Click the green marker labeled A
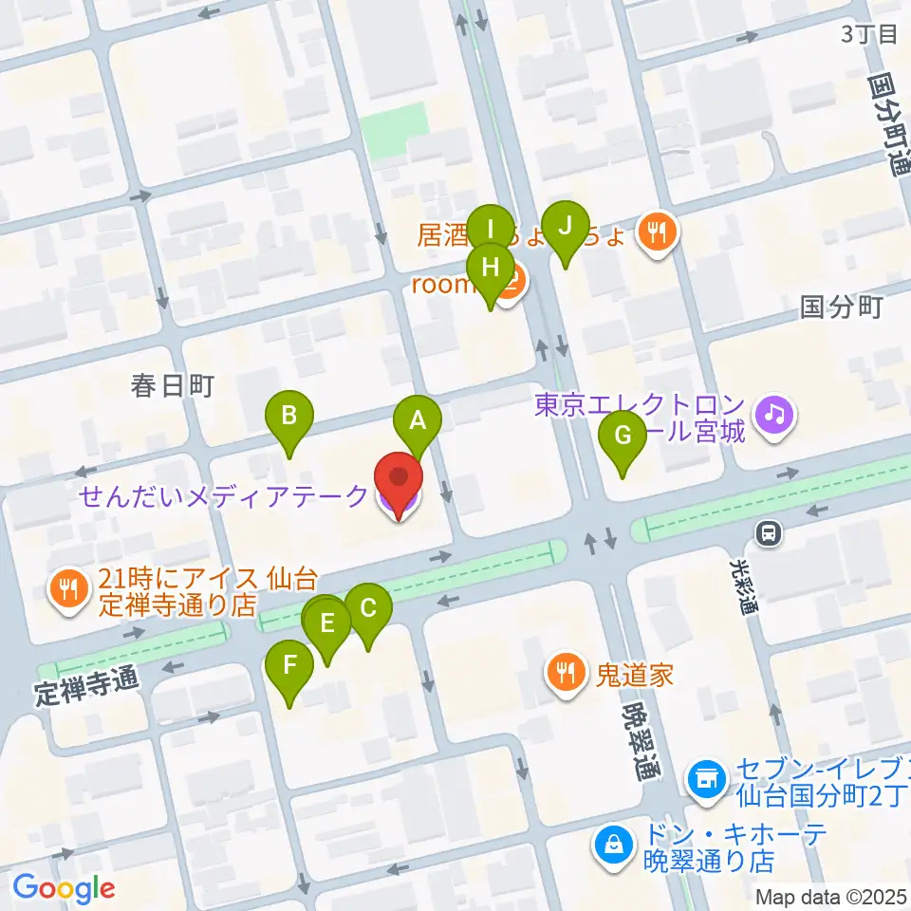coord(418,421)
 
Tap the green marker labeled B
coord(290,417)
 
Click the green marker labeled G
coord(623,437)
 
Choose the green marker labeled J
coord(565,228)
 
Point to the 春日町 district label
coord(173,385)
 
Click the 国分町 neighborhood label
coord(842,307)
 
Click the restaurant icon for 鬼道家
coord(567,674)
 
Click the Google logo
coord(64,888)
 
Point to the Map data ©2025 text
coord(831,896)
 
